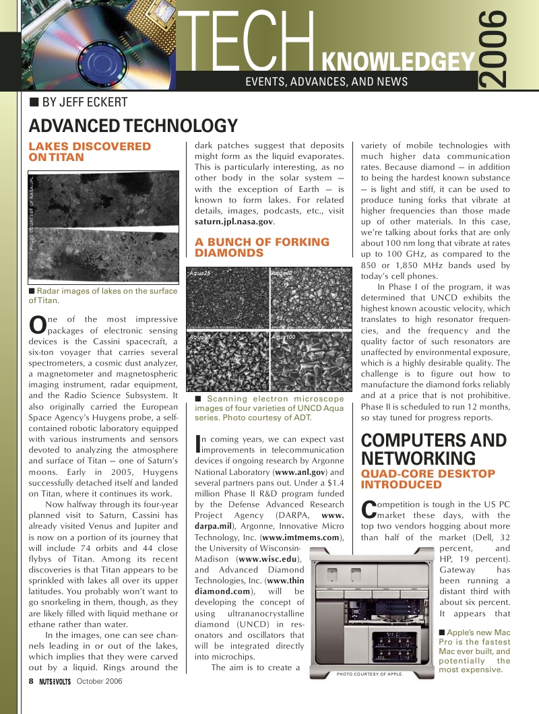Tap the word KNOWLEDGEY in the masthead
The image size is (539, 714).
point(399,61)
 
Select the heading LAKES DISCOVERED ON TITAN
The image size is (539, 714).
point(90,152)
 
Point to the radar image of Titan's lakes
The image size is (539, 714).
point(103,227)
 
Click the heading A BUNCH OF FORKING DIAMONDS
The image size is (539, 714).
point(262,247)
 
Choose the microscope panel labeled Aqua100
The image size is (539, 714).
point(311,361)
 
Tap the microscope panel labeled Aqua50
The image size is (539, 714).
point(226,361)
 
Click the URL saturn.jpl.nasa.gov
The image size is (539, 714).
point(234,221)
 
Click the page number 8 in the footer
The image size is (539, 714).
point(31,681)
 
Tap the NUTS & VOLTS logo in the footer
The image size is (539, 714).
point(55,682)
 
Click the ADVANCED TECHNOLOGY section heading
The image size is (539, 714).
point(133,126)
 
